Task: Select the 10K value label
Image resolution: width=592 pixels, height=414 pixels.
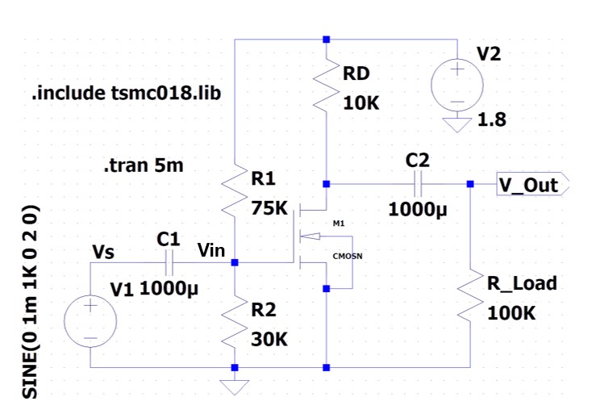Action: [361, 104]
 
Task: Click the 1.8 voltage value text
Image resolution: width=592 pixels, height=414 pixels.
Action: [493, 121]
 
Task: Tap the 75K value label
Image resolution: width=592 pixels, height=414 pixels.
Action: [269, 207]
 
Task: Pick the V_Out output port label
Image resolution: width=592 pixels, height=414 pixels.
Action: [528, 185]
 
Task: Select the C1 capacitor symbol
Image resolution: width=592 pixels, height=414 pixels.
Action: [168, 262]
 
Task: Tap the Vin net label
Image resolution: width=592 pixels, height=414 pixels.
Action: [211, 250]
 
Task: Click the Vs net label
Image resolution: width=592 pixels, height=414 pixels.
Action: [103, 252]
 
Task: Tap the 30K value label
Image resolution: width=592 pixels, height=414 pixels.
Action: [269, 340]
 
